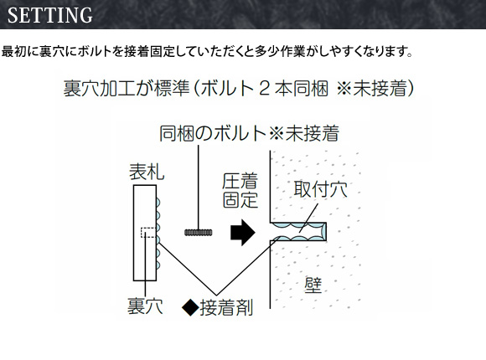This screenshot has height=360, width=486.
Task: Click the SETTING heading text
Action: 50,15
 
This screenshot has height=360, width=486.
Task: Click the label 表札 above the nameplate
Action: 147,172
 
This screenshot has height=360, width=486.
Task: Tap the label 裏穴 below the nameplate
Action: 145,306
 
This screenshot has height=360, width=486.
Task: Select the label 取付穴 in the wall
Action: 320,188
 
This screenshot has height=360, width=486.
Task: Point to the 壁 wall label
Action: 313,285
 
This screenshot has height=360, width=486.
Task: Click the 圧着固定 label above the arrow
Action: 240,190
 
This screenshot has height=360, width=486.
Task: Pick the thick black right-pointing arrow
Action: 243,233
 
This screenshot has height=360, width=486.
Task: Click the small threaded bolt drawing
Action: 199,233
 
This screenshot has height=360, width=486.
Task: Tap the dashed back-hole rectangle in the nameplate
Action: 148,233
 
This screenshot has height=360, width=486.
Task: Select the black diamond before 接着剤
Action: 190,307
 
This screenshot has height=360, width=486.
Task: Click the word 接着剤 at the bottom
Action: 226,307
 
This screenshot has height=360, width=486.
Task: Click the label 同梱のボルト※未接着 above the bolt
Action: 249,133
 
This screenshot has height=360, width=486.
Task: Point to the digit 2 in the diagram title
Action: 264,88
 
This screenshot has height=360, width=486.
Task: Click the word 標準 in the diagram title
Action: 172,88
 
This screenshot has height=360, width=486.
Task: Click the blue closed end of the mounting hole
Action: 323,231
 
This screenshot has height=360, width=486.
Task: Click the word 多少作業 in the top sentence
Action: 281,51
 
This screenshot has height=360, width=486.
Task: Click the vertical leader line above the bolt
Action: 199,188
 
